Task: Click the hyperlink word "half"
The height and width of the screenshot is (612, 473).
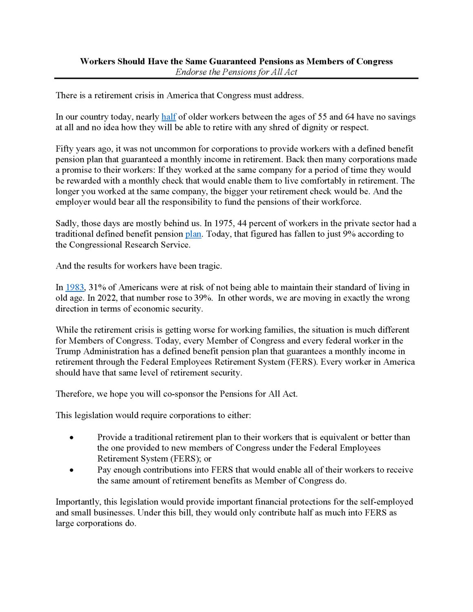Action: pyautogui.click(x=169, y=117)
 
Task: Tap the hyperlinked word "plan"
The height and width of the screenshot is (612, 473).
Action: pyautogui.click(x=193, y=234)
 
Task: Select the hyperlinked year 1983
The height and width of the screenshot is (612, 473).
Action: pyautogui.click(x=75, y=288)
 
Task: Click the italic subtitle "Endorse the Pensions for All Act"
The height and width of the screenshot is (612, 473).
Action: pyautogui.click(x=236, y=72)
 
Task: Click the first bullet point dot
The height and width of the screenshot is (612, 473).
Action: pyautogui.click(x=71, y=438)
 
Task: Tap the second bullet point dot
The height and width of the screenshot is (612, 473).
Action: pyautogui.click(x=71, y=470)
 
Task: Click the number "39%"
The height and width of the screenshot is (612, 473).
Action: pyautogui.click(x=202, y=298)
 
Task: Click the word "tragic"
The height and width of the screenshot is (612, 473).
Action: pyautogui.click(x=210, y=266)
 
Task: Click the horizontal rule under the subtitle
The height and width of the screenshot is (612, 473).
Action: pyautogui.click(x=236, y=78)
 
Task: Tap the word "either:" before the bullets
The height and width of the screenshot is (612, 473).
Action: pyautogui.click(x=238, y=416)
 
